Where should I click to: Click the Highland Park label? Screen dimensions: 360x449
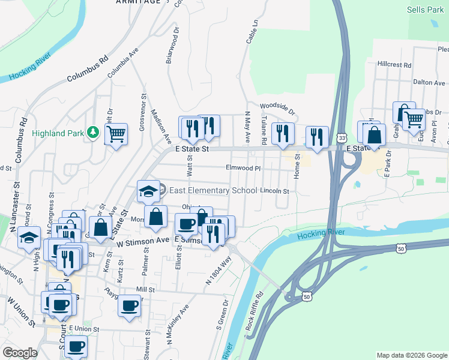click(x=56, y=133)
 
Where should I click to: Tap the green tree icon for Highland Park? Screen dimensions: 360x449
click(x=93, y=132)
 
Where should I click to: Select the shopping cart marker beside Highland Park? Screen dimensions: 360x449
click(x=116, y=133)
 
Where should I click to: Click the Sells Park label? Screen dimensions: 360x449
click(x=424, y=10)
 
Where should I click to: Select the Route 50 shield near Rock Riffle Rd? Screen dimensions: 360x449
click(x=307, y=296)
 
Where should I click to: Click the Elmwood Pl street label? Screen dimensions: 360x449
click(x=243, y=169)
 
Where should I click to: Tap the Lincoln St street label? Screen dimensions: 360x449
click(x=275, y=191)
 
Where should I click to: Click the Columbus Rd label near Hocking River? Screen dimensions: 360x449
click(x=87, y=69)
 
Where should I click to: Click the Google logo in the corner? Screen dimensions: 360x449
click(x=20, y=353)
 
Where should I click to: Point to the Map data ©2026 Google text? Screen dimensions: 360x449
click(x=411, y=355)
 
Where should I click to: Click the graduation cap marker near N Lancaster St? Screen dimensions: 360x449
click(x=29, y=237)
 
